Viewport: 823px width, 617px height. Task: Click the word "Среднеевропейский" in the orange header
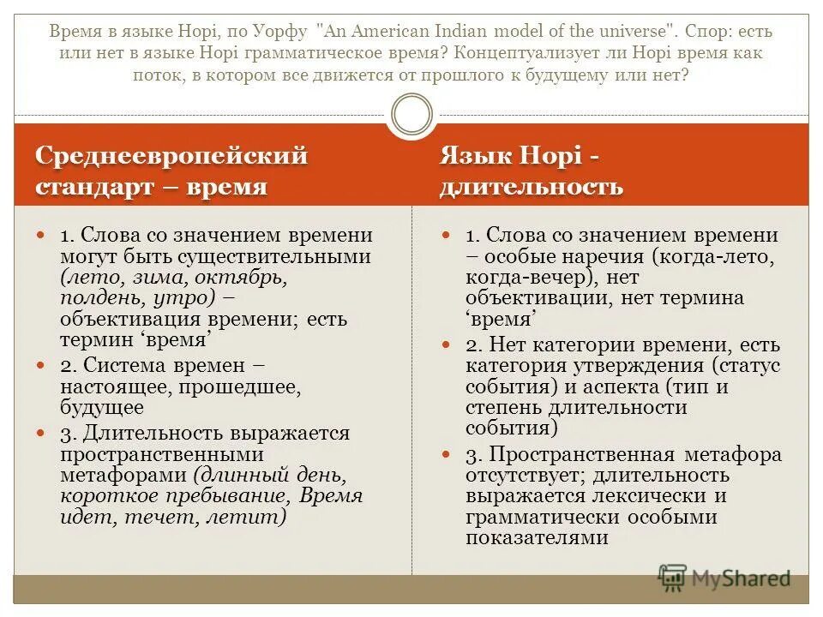pos(171,157)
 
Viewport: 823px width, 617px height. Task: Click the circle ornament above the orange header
pos(411,115)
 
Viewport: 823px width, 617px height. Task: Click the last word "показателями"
pos(538,538)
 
